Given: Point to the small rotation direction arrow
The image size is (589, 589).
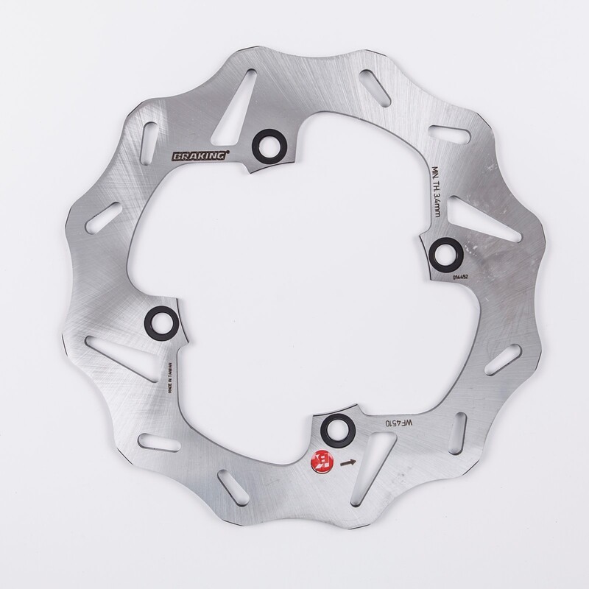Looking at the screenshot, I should (x=348, y=463).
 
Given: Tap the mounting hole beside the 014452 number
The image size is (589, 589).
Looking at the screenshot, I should (x=444, y=253).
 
